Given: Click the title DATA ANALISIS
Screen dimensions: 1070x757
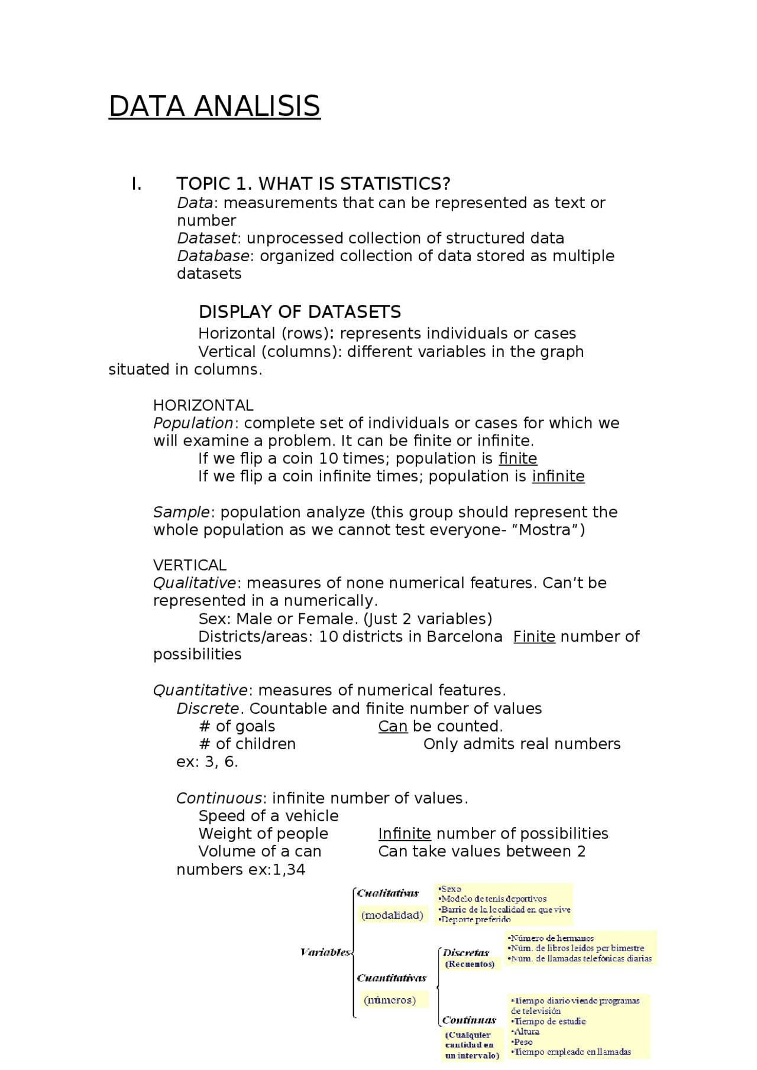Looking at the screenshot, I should pos(214,107).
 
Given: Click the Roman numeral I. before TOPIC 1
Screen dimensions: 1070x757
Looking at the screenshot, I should pos(137,184).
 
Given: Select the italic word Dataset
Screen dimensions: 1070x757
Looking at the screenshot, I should pos(206,238).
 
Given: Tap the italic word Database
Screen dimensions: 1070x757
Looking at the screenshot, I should pos(213,256).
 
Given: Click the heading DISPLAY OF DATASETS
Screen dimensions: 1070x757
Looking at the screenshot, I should pos(299,312).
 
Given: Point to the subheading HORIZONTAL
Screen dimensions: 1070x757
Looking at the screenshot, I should pos(203,405).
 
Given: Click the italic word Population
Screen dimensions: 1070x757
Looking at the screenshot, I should pos(193,423).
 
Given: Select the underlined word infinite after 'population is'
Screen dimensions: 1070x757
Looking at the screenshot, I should pos(558,476).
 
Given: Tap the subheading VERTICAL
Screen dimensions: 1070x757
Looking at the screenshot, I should pos(190,565).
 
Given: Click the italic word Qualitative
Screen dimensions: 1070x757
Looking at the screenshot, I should pos(195,583).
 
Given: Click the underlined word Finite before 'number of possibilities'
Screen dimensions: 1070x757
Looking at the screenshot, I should pos(533,637).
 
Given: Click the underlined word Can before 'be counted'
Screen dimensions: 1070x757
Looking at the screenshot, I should pos(393,726).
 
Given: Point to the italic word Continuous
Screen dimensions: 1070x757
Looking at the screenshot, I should pos(219,798).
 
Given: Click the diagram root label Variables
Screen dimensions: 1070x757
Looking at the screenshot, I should pos(325,952).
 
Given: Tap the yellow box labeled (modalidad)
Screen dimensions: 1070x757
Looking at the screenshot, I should pos(392,915).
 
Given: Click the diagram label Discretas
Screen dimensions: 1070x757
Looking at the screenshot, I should pos(466,952).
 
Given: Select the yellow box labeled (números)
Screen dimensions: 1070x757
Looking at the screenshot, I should pos(390,1000).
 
